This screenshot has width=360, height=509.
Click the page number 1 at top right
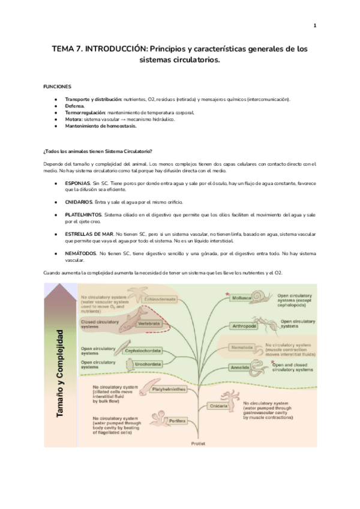314,25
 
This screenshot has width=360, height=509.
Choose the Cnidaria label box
219,406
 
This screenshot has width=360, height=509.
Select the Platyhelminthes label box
167,389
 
